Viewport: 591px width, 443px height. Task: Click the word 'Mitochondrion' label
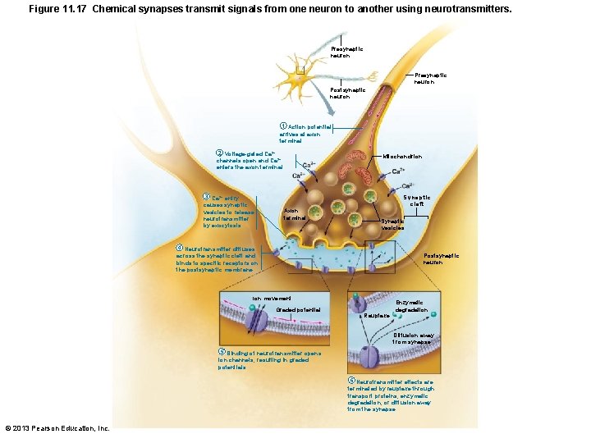click(x=402, y=156)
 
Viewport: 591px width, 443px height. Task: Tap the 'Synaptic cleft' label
click(x=417, y=201)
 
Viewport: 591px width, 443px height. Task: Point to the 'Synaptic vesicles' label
click(x=392, y=224)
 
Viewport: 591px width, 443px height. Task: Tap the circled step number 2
click(x=218, y=153)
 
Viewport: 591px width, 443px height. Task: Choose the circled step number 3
click(x=206, y=198)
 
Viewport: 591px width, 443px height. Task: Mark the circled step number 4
click(x=180, y=249)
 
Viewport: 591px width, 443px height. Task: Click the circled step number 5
click(x=221, y=352)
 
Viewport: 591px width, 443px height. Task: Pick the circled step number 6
click(x=351, y=381)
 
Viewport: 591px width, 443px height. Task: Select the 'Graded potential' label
click(x=297, y=309)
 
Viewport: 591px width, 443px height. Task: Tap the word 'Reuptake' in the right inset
click(x=377, y=315)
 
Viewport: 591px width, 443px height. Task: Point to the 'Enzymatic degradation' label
click(x=411, y=307)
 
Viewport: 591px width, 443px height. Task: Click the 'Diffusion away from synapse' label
click(x=411, y=338)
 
